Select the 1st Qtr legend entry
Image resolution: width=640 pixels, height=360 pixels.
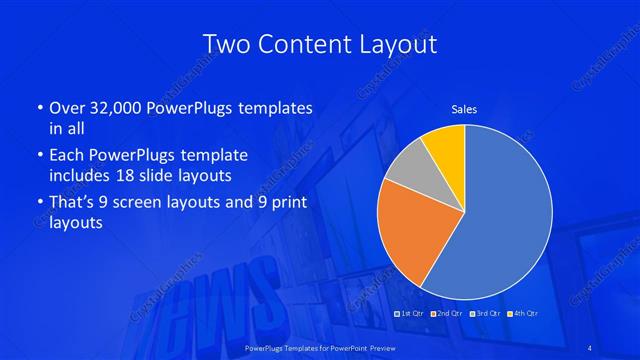point(410,314)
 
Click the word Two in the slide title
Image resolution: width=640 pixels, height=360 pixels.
point(226,44)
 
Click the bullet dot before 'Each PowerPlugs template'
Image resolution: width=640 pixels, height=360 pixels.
point(40,157)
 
